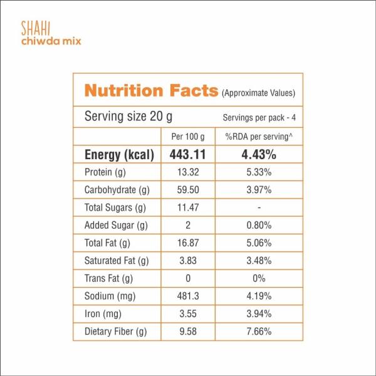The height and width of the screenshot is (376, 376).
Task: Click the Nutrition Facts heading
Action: tap(151, 91)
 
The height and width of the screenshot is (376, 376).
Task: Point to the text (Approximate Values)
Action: tap(258, 93)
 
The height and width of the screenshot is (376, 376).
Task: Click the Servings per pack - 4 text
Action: tap(259, 118)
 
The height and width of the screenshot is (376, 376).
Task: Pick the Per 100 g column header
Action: tap(189, 137)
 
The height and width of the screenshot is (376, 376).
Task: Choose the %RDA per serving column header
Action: tap(259, 137)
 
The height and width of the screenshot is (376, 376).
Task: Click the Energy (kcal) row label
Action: tap(119, 155)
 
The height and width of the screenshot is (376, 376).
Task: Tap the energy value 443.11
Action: tap(189, 155)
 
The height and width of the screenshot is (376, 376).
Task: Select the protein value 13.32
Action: tap(189, 172)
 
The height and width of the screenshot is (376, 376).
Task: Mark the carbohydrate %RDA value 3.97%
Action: tap(259, 190)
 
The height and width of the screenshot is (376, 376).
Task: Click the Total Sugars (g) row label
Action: tap(115, 207)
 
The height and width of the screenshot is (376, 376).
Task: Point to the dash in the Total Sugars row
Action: tap(259, 207)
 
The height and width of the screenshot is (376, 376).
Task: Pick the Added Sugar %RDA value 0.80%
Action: tap(259, 225)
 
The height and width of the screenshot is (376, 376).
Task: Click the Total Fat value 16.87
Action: tap(189, 243)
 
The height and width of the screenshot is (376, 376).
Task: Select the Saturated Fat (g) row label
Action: tap(117, 260)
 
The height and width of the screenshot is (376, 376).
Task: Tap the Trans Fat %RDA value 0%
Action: tap(259, 278)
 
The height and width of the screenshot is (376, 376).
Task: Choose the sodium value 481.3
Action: tap(189, 295)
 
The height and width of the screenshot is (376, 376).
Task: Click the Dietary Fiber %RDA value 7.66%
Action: tap(259, 330)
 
